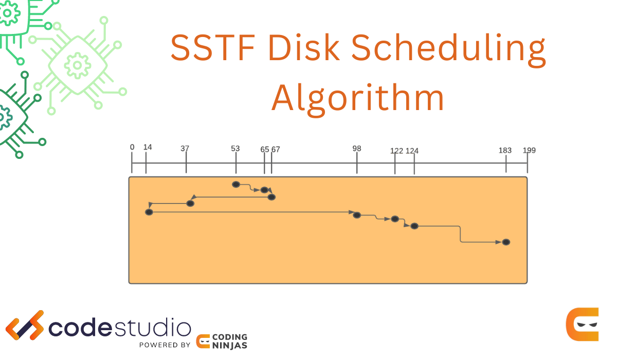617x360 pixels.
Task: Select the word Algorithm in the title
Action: [358, 98]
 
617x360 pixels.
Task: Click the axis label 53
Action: [235, 149]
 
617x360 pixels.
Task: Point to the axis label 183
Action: [505, 150]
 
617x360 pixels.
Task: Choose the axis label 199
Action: [529, 150]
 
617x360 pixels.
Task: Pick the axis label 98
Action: [357, 149]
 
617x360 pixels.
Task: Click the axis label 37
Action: [185, 149]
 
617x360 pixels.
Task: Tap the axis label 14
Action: [148, 147]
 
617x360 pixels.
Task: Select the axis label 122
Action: [396, 151]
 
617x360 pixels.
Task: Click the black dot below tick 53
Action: [236, 184]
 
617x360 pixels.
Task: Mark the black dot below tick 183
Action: [506, 242]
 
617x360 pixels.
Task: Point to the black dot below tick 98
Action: [357, 215]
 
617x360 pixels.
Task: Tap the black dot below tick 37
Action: [190, 204]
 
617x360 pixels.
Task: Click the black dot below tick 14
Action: [149, 212]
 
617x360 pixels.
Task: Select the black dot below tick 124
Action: [414, 226]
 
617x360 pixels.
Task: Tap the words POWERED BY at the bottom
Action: [165, 345]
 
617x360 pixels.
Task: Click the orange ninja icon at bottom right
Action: [583, 325]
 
